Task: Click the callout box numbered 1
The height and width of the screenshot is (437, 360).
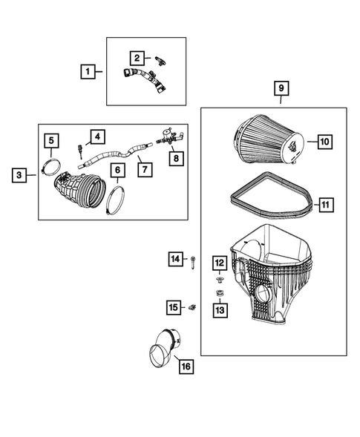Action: (88, 72)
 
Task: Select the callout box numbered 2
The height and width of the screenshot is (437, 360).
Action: (137, 57)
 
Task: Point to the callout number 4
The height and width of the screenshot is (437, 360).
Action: (98, 136)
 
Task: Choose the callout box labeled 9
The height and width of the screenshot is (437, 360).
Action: (282, 89)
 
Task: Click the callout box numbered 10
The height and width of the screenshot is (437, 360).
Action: (324, 141)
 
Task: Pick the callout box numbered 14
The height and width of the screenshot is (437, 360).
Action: (175, 258)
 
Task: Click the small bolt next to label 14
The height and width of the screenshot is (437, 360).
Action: (192, 260)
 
